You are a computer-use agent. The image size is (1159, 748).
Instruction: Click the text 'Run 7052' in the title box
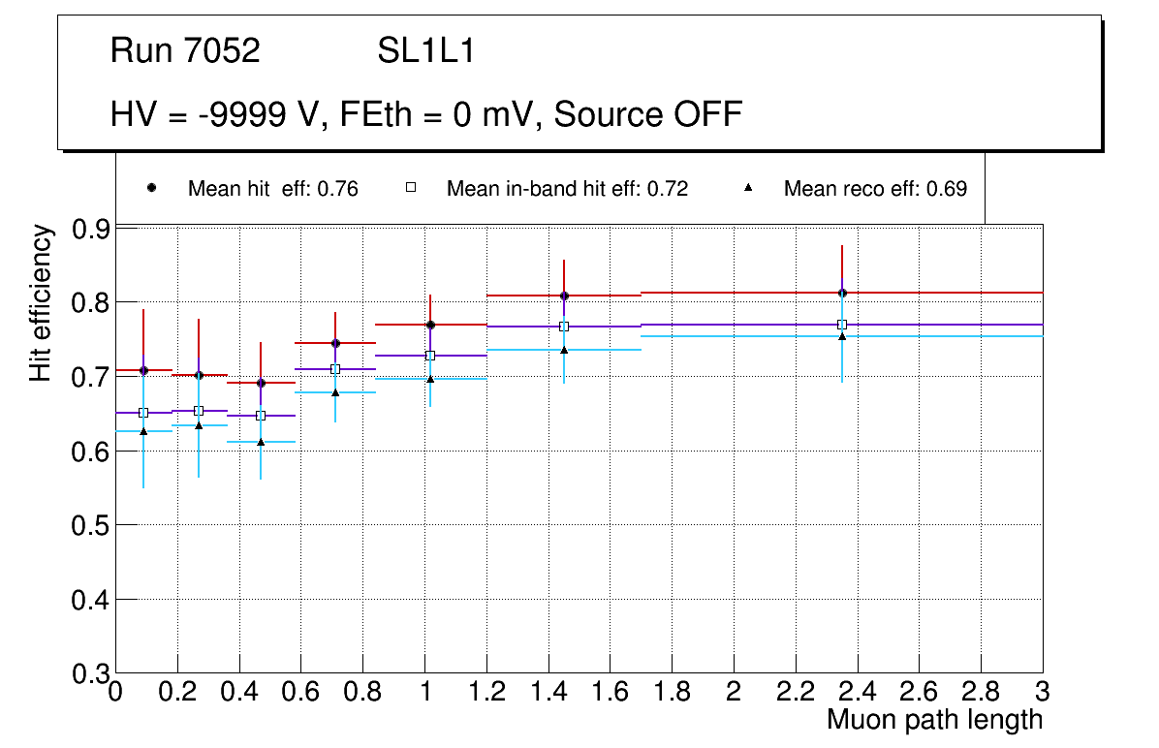(185, 51)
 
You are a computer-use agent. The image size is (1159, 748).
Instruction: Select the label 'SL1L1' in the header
(426, 51)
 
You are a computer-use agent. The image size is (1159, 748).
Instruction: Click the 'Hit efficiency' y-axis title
(41, 302)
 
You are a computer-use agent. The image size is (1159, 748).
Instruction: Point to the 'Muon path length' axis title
(934, 720)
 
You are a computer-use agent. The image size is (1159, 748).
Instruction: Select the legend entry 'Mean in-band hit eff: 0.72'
(567, 189)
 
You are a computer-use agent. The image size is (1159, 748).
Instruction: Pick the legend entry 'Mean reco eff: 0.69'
(875, 189)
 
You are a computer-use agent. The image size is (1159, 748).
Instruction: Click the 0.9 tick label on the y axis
(91, 230)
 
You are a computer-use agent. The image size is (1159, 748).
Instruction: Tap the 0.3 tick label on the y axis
(91, 674)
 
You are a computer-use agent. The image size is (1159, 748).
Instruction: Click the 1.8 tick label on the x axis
(672, 693)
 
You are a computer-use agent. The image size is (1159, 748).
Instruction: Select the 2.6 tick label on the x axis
(919, 693)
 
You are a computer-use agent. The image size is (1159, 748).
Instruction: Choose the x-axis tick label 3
(1043, 693)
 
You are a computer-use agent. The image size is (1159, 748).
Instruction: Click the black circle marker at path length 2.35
(842, 293)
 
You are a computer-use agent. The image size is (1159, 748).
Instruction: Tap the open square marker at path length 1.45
(564, 327)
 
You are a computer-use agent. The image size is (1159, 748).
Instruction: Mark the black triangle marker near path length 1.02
(430, 378)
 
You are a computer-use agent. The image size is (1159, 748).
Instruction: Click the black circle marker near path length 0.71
(335, 343)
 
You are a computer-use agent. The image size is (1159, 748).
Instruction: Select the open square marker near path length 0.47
(261, 416)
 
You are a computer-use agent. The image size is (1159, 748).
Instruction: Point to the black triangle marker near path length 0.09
(143, 430)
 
